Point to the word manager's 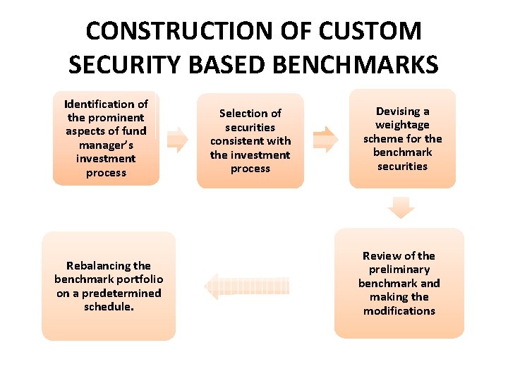pos(106,145)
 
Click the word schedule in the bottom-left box pos(107,307)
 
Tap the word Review pos(381,255)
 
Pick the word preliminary pos(399,269)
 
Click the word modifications pos(399,310)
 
